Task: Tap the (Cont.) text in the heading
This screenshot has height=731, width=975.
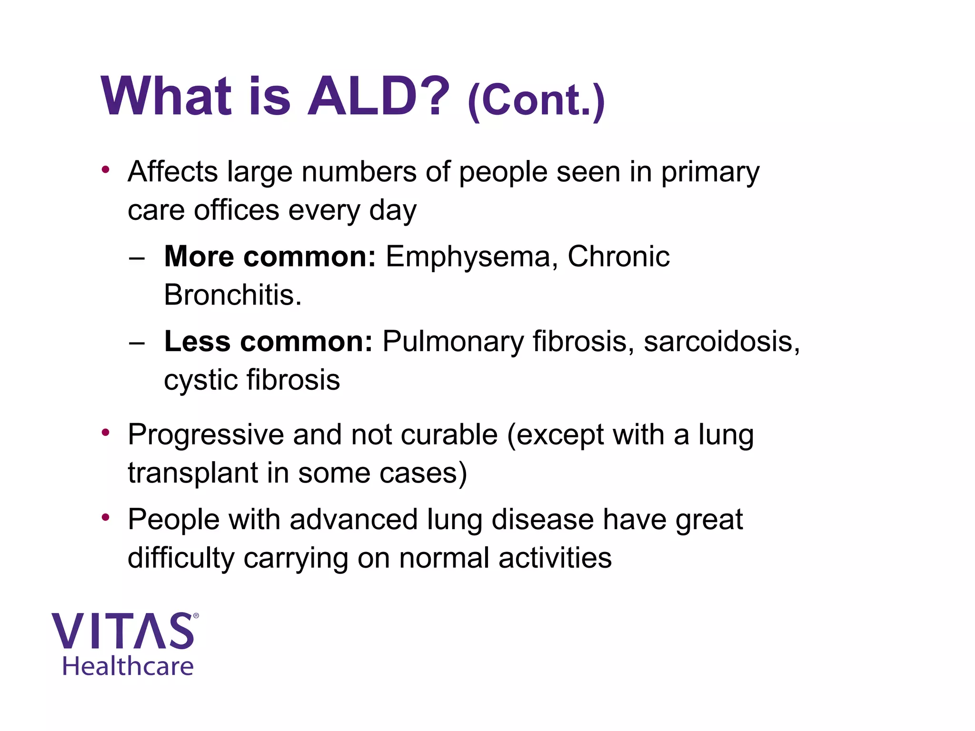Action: [536, 100]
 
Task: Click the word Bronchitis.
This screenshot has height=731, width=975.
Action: [232, 295]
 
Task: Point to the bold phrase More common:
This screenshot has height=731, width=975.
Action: [269, 257]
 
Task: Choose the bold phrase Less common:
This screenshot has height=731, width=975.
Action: [268, 342]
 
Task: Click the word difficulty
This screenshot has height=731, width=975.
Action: [181, 559]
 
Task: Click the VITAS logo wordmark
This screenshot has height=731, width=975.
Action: [123, 631]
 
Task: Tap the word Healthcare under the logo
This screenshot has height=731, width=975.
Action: [128, 666]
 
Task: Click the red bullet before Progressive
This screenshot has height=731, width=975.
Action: [106, 433]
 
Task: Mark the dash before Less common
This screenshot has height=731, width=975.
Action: [137, 343]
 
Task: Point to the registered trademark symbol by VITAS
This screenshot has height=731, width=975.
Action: [196, 616]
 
